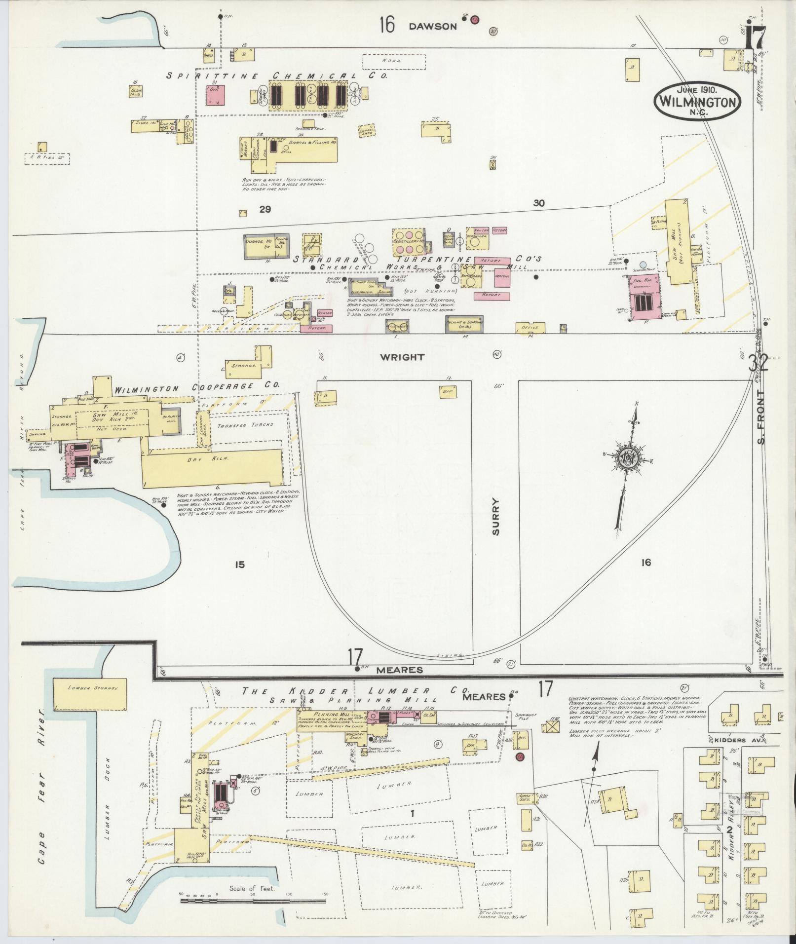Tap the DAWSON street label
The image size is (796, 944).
(432, 27)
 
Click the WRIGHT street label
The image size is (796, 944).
(402, 357)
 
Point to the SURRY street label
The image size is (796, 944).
(495, 516)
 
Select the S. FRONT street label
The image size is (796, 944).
(762, 417)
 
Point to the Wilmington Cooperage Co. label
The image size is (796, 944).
(197, 388)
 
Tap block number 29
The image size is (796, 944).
(265, 209)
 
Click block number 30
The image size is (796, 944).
(539, 203)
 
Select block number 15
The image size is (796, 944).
(240, 565)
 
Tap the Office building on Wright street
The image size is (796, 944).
(530, 327)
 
